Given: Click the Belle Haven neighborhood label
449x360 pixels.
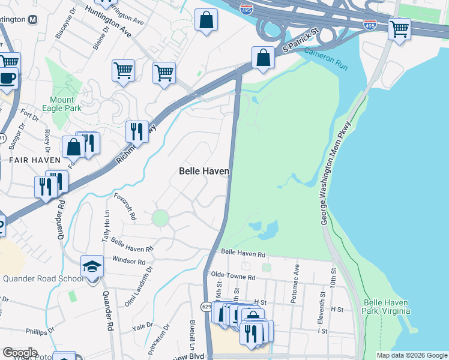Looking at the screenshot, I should [x=204, y=171].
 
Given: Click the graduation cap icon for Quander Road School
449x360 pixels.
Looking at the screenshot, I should [x=92, y=266].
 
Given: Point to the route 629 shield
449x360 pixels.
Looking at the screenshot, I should [x=206, y=306].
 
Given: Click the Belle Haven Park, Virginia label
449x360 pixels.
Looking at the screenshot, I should [x=387, y=307].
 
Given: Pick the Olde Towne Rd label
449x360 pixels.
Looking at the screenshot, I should [x=234, y=277].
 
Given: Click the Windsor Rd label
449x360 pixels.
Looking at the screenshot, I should [x=128, y=262].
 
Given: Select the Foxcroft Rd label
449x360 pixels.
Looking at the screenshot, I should [x=125, y=205].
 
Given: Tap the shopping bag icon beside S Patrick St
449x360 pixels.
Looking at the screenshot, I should [x=263, y=58].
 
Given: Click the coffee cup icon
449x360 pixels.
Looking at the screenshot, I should [x=8, y=79].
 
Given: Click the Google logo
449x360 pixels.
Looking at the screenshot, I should [x=20, y=352].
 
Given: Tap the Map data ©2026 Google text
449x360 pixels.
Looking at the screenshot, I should [x=411, y=355].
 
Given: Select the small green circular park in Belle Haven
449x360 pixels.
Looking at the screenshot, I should [x=160, y=218].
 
